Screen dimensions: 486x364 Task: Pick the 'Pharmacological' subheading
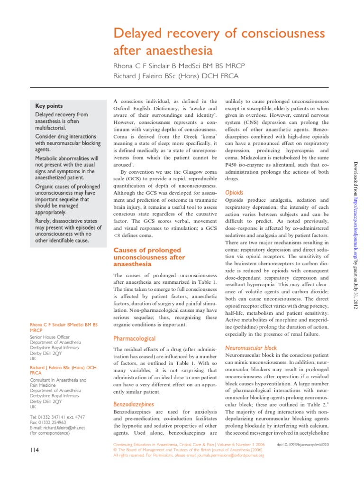(134, 338)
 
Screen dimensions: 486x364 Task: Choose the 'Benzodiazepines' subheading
(133, 404)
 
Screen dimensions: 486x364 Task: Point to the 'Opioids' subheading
(234, 193)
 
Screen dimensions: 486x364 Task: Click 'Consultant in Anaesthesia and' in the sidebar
(58, 380)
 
